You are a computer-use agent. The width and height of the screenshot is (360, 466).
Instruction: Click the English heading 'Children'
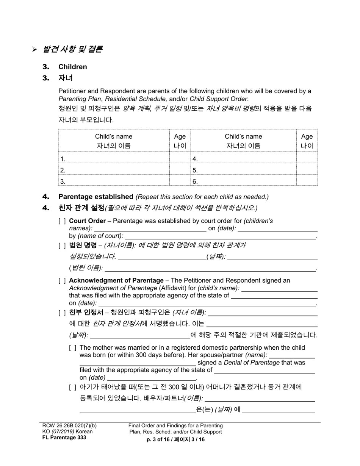tap(72, 67)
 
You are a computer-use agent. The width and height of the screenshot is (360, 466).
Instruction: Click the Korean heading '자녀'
tap(65, 78)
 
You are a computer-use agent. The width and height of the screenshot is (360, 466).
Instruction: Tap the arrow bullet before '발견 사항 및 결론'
tap(34, 49)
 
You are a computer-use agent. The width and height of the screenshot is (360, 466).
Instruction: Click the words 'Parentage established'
tap(95, 197)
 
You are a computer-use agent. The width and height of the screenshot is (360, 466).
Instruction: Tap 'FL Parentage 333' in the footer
tap(64, 438)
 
